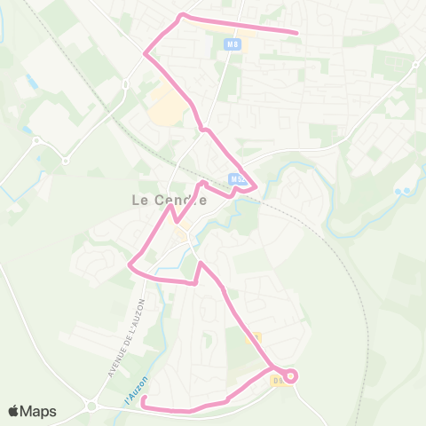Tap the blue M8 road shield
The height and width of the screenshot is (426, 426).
(233, 43)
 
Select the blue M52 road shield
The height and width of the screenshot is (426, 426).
(236, 178)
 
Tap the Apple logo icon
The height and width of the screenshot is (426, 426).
(13, 411)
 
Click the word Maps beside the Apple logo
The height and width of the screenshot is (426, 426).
(38, 411)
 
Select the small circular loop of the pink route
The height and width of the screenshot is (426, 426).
(292, 376)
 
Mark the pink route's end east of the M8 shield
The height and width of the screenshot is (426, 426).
(296, 34)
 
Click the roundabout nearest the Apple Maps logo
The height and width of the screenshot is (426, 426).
(92, 407)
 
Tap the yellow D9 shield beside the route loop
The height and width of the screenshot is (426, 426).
(279, 382)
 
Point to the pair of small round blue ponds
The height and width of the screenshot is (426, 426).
(404, 192)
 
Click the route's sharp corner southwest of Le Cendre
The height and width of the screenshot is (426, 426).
(130, 264)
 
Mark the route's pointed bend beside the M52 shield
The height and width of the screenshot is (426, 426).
(256, 186)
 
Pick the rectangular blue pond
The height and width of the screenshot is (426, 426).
(32, 83)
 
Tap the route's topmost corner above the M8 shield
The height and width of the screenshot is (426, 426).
(183, 15)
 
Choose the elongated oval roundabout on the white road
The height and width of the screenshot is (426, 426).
(126, 84)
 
